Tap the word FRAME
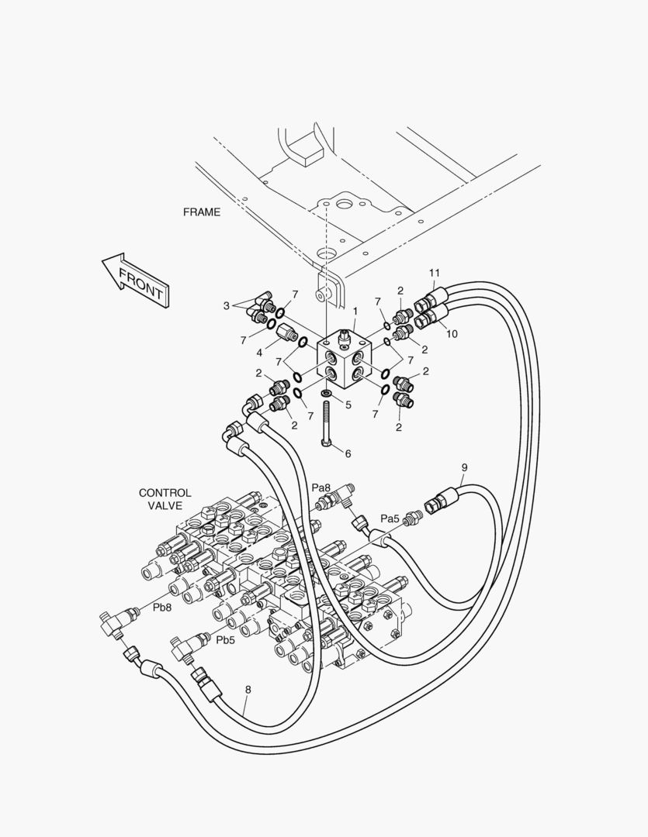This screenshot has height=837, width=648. tap(201, 212)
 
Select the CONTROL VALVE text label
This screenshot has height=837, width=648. tap(165, 499)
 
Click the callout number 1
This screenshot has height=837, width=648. tap(355, 311)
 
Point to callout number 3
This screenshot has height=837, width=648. tap(227, 305)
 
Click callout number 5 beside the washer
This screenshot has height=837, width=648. tap(348, 405)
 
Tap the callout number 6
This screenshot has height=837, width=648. tap(347, 453)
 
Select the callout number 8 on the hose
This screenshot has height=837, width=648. tap(248, 688)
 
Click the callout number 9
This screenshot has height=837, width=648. tap(464, 467)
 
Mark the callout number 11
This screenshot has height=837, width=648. tap(435, 273)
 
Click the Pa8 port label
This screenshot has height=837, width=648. tap(321, 487)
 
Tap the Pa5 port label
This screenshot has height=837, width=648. tap(390, 518)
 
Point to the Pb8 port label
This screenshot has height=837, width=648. tap(161, 608)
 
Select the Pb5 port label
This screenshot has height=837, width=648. tap(225, 640)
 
